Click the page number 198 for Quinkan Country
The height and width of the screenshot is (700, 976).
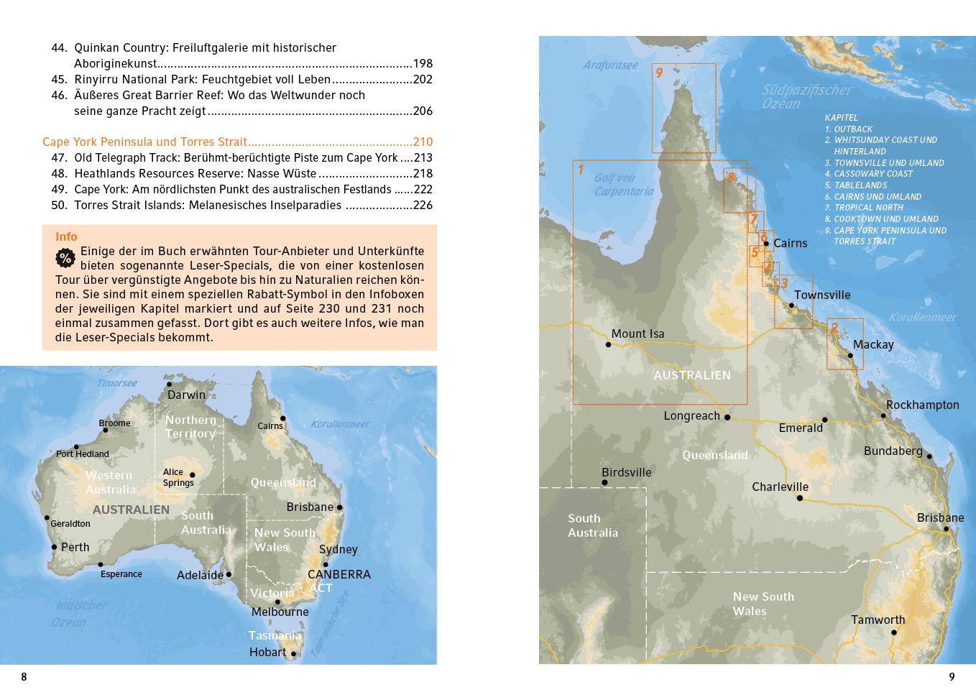pos(423,63)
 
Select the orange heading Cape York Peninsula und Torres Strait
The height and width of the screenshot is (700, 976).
pos(144,142)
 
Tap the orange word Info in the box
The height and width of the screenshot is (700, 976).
pos(66,236)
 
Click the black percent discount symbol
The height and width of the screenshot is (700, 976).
pos(65,258)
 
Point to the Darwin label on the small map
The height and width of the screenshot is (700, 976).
pos(186,395)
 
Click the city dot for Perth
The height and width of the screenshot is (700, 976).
pos(54,547)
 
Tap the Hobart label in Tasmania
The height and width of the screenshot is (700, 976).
pos(267,652)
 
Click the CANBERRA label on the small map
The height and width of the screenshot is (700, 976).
pos(339,574)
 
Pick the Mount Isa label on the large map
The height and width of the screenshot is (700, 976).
pos(637,333)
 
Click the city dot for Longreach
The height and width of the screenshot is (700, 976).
pos(727,417)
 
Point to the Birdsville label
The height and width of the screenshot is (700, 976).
pos(626,472)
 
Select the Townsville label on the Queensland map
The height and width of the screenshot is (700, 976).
pos(822,295)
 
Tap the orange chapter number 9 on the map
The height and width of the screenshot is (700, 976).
pos(659,73)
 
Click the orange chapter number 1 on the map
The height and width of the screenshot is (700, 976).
pos(581,170)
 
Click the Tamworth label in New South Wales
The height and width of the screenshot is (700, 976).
pos(878,620)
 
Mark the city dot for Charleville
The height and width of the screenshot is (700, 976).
pos(799,498)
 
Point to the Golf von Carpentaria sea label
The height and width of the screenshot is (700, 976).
pos(623,185)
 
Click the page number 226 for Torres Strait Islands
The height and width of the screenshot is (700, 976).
pos(423,205)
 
